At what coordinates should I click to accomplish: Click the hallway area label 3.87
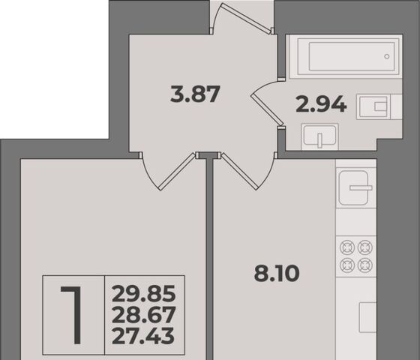pos(195,94)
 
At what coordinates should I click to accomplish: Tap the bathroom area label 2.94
pos(321,104)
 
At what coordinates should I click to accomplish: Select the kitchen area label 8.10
pos(277,273)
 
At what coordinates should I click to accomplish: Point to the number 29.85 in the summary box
pos(144,293)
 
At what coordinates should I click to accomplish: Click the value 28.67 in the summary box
pos(144,315)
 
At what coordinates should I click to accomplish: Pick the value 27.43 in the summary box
pos(143,336)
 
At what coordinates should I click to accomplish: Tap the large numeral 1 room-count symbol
pos(72,315)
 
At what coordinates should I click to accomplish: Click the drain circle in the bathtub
pos(387,56)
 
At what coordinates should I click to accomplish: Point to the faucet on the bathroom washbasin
pos(319,140)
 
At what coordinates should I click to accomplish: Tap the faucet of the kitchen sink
pos(361,187)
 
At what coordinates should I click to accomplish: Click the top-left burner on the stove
pos(347,247)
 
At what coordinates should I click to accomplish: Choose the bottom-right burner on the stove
pos(365,265)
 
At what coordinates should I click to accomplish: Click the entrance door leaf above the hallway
pos(246,18)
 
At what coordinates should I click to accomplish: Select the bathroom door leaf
pos(267,109)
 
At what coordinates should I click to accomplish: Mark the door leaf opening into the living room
pos(177,172)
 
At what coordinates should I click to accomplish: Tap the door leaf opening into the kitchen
pos(238,172)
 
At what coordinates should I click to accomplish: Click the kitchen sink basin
pos(354,187)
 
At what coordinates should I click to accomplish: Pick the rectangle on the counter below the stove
pos(367,317)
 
